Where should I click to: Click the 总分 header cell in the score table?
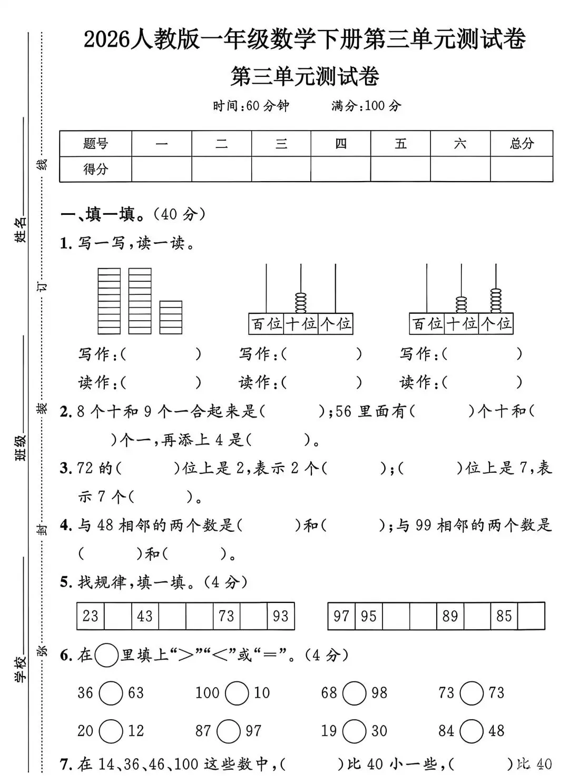(522, 143)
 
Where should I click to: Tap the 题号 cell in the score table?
(95, 143)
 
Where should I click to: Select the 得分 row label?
(95, 169)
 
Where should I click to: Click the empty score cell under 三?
(281, 169)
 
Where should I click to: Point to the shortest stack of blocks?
(171, 317)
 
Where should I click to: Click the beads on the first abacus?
(301, 303)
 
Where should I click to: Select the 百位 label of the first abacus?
(266, 323)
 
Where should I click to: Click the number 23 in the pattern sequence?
(91, 616)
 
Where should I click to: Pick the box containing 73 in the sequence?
(227, 616)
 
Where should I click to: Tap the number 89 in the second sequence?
(450, 616)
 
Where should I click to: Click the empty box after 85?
(531, 616)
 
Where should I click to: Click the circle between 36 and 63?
(111, 693)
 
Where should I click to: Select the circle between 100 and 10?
(237, 693)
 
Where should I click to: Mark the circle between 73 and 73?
(472, 693)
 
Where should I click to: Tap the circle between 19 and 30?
(354, 731)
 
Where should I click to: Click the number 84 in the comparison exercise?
(446, 731)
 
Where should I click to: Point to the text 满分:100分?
(366, 106)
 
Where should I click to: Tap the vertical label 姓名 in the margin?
(21, 230)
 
